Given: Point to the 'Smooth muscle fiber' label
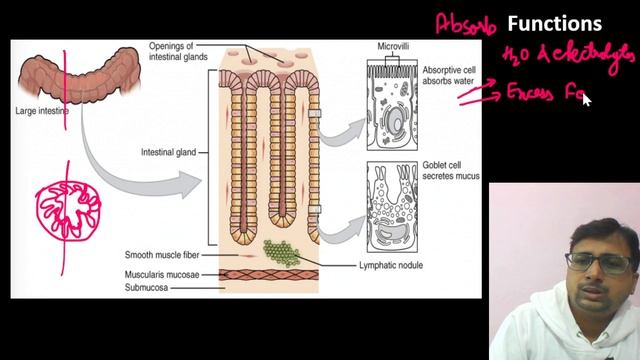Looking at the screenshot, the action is (166, 255).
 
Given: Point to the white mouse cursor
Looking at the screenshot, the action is (587, 98).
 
